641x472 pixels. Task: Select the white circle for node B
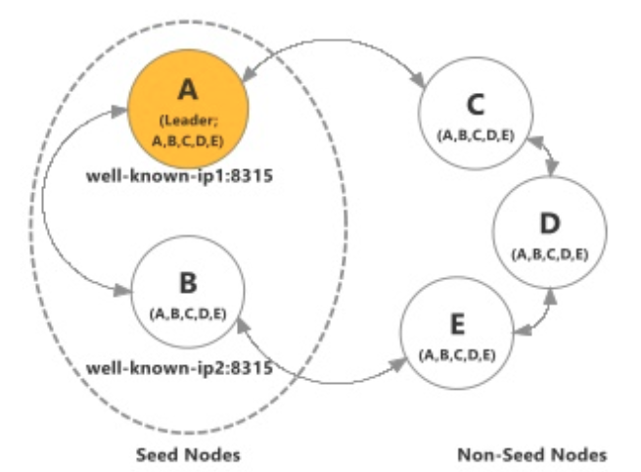point(189,295)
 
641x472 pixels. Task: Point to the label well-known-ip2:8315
point(179,369)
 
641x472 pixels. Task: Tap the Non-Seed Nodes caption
point(531,455)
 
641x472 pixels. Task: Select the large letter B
point(189,284)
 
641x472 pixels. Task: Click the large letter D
point(549,224)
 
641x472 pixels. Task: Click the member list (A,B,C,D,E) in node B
point(189,313)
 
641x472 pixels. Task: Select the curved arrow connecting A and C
point(333,47)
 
